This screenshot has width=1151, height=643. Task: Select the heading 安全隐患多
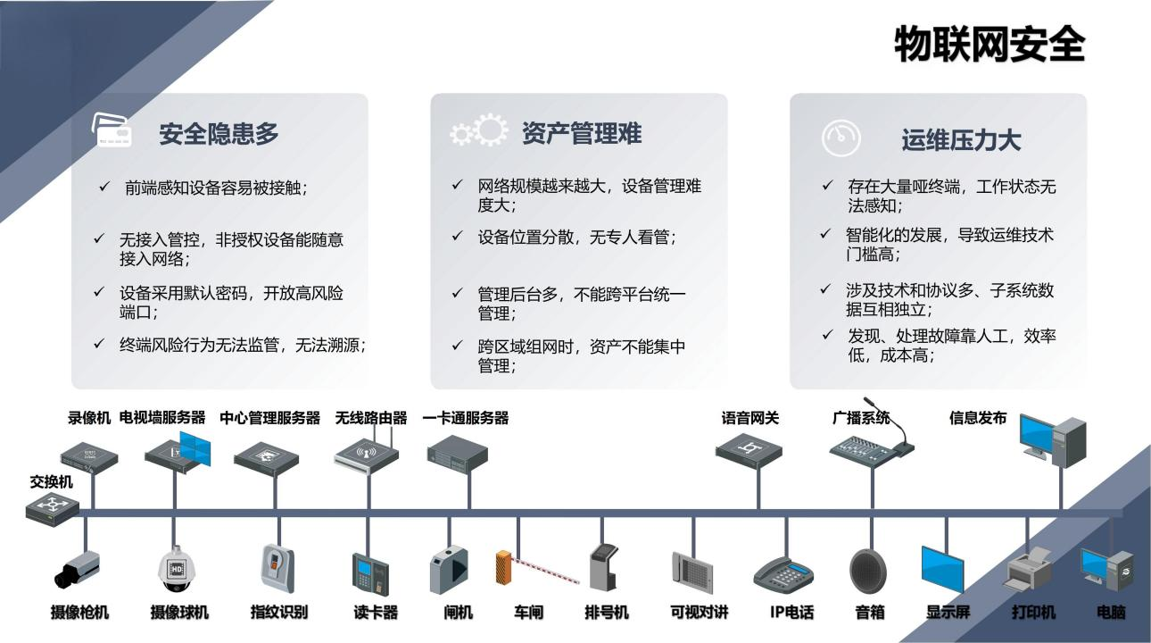[x=219, y=134]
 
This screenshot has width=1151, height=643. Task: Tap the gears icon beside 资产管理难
[x=479, y=132]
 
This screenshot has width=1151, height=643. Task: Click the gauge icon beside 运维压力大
[x=840, y=138]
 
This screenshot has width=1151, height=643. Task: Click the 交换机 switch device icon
[x=53, y=508]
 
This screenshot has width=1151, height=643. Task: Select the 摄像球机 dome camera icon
[x=177, y=569]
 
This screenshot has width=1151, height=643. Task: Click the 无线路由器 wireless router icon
[x=368, y=451]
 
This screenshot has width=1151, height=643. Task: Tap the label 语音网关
[x=749, y=418]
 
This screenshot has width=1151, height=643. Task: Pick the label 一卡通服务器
[x=465, y=418]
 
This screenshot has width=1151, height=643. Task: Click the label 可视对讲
[x=699, y=613]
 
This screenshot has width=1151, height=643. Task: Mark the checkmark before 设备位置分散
[x=457, y=237]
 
